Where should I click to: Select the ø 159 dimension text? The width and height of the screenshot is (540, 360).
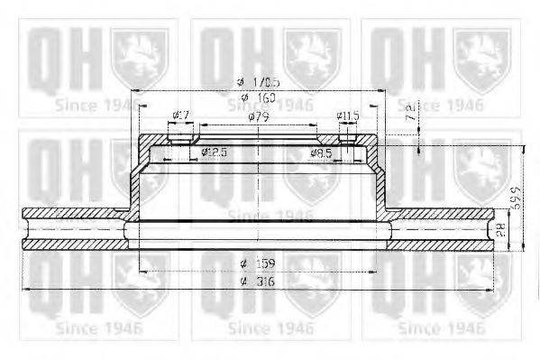tap(258, 263)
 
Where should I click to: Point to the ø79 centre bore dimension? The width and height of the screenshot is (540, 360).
tap(258, 116)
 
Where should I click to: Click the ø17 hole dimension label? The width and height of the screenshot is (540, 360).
tap(179, 115)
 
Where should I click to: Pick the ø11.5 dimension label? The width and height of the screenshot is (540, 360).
tap(347, 115)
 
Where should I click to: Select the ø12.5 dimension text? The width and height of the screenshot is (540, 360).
tap(213, 152)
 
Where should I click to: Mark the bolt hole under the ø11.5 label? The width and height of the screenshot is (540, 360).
tap(347, 136)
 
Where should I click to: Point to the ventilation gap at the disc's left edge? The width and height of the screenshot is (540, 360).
tap(72, 229)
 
